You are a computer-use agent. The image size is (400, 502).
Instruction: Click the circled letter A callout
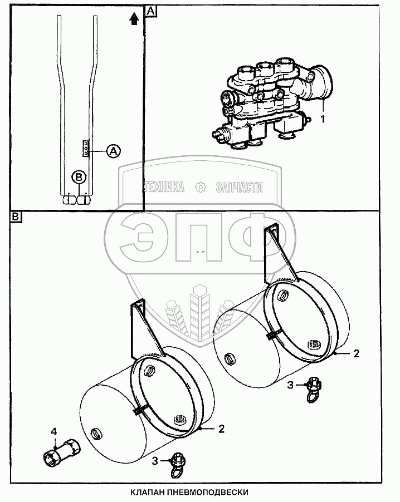[113, 150]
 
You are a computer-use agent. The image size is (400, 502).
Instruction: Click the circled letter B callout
[80, 176]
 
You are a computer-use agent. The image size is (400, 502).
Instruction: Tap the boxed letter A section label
[150, 11]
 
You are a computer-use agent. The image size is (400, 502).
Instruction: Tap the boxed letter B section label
[16, 216]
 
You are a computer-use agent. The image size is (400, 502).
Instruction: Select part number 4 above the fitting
[53, 431]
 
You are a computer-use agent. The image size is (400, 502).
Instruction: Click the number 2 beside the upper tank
[357, 353]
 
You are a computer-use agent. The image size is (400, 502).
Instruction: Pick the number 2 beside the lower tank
[222, 429]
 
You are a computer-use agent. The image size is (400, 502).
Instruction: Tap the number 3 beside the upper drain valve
[290, 385]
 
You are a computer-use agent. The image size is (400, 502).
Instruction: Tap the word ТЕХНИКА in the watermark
[164, 188]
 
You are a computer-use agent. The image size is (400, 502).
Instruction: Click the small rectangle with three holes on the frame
[86, 149]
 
